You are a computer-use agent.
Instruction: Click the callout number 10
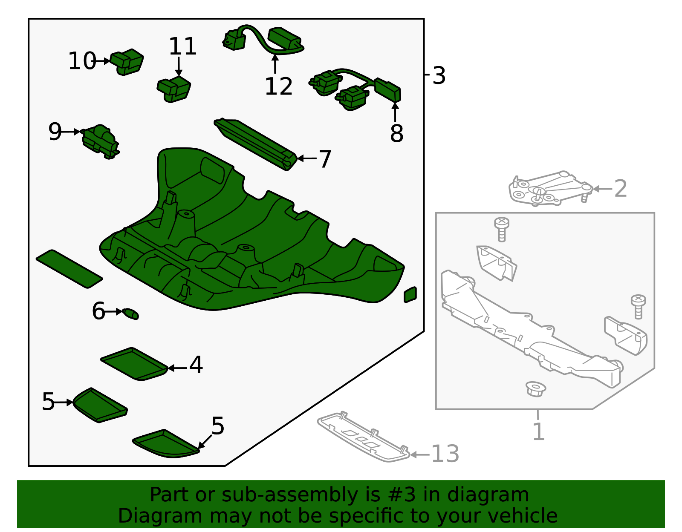click(82, 61)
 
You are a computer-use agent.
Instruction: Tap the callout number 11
click(183, 46)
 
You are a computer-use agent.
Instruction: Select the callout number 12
click(278, 86)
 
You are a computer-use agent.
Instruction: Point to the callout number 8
click(396, 133)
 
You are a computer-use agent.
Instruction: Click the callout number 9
click(55, 132)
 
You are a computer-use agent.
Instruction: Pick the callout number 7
click(325, 159)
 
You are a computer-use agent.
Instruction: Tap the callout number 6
click(98, 311)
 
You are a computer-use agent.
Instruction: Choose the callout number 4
click(196, 365)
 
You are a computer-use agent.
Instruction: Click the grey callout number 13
click(445, 454)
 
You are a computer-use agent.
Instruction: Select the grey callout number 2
click(621, 189)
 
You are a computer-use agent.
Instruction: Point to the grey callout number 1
click(539, 431)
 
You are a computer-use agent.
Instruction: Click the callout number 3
click(439, 75)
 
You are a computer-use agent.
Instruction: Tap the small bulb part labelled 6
click(130, 314)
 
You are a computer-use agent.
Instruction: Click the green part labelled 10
click(127, 62)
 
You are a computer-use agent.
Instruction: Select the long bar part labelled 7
click(255, 144)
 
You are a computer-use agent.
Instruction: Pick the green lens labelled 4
click(134, 364)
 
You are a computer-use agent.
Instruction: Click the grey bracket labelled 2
click(550, 188)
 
